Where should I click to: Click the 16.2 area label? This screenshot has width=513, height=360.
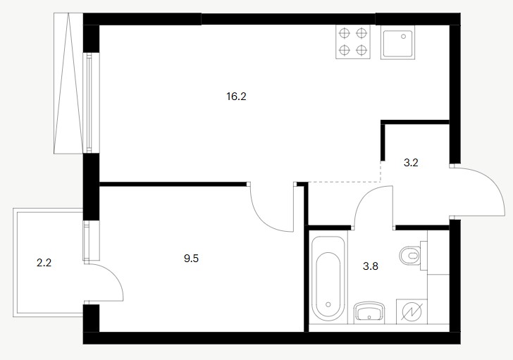pyautogui.click(x=236, y=97)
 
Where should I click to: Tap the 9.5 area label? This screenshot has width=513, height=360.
pyautogui.click(x=192, y=259)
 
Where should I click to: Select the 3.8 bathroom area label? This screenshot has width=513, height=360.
pyautogui.click(x=371, y=266)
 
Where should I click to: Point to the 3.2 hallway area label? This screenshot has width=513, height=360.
pyautogui.click(x=411, y=163)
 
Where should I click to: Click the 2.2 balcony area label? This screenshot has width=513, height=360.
pyautogui.click(x=44, y=263)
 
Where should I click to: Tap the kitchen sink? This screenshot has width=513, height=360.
pyautogui.click(x=398, y=43)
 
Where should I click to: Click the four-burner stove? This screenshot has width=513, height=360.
pyautogui.click(x=353, y=42)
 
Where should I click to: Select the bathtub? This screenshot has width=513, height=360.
pyautogui.click(x=328, y=279)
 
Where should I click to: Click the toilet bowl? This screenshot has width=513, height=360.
pyautogui.click(x=410, y=255)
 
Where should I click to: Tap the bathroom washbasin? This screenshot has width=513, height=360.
pyautogui.click(x=369, y=311)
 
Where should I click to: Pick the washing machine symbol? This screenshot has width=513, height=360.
pyautogui.click(x=412, y=311)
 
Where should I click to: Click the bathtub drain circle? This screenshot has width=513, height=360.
pyautogui.click(x=328, y=304)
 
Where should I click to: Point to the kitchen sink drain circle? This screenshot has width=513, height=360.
pyautogui.click(x=404, y=37)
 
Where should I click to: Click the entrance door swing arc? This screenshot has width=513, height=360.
pyautogui.click(x=494, y=182)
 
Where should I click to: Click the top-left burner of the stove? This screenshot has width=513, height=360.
pyautogui.click(x=345, y=33)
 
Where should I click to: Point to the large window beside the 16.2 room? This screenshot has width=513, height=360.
pyautogui.click(x=89, y=103)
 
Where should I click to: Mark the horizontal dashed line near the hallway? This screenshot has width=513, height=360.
pyautogui.click(x=344, y=182)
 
